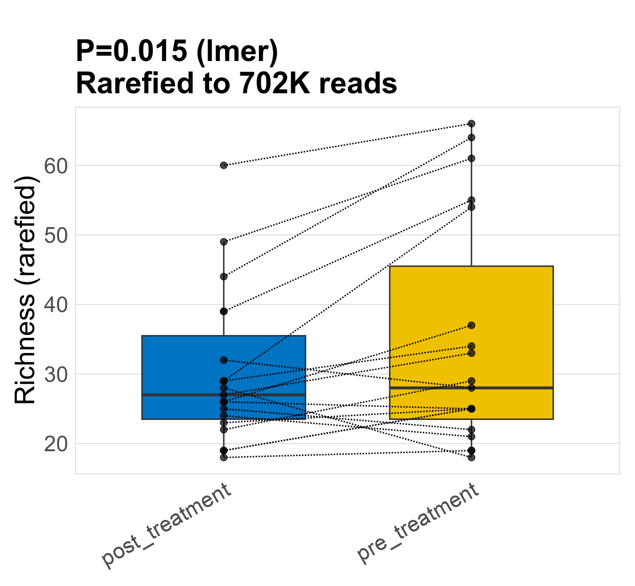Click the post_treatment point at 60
(224, 166)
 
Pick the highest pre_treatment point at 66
(471, 124)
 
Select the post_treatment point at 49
(224, 242)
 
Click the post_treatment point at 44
(224, 276)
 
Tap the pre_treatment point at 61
(471, 158)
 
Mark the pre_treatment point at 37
(471, 325)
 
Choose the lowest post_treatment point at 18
(224, 458)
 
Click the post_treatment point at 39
(224, 311)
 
